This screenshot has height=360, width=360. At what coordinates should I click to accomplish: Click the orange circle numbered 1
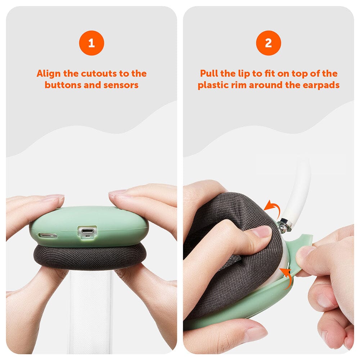coord(91,43)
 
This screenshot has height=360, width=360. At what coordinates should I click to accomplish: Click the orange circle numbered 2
coord(269,43)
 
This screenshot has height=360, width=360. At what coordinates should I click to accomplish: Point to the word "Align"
coord(49,74)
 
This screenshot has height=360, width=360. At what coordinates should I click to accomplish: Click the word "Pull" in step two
coord(209,73)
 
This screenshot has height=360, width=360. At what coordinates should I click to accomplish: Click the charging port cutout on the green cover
coord(87,231)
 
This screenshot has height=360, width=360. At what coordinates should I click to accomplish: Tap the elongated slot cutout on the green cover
coord(48,235)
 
